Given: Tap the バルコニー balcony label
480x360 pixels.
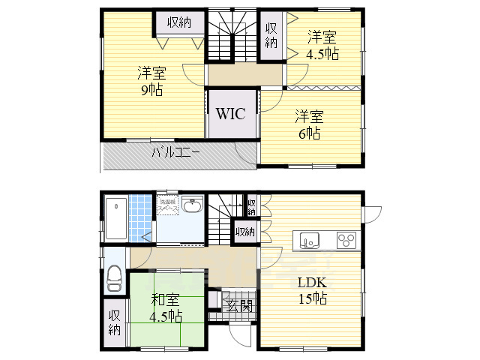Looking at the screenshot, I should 175,152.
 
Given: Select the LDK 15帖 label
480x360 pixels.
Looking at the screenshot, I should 311,291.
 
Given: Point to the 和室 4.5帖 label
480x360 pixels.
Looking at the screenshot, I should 166,308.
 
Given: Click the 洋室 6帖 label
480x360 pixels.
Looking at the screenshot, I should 307,124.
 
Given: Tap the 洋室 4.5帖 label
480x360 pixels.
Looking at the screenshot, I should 322,45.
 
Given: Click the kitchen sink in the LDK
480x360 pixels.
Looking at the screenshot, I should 309,240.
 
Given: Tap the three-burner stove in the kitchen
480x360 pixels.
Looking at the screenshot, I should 346,240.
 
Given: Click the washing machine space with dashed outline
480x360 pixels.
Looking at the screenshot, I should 166,204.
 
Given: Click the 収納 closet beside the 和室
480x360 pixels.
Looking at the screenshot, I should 115,323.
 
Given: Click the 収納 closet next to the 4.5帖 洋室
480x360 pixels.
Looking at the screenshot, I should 271,36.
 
